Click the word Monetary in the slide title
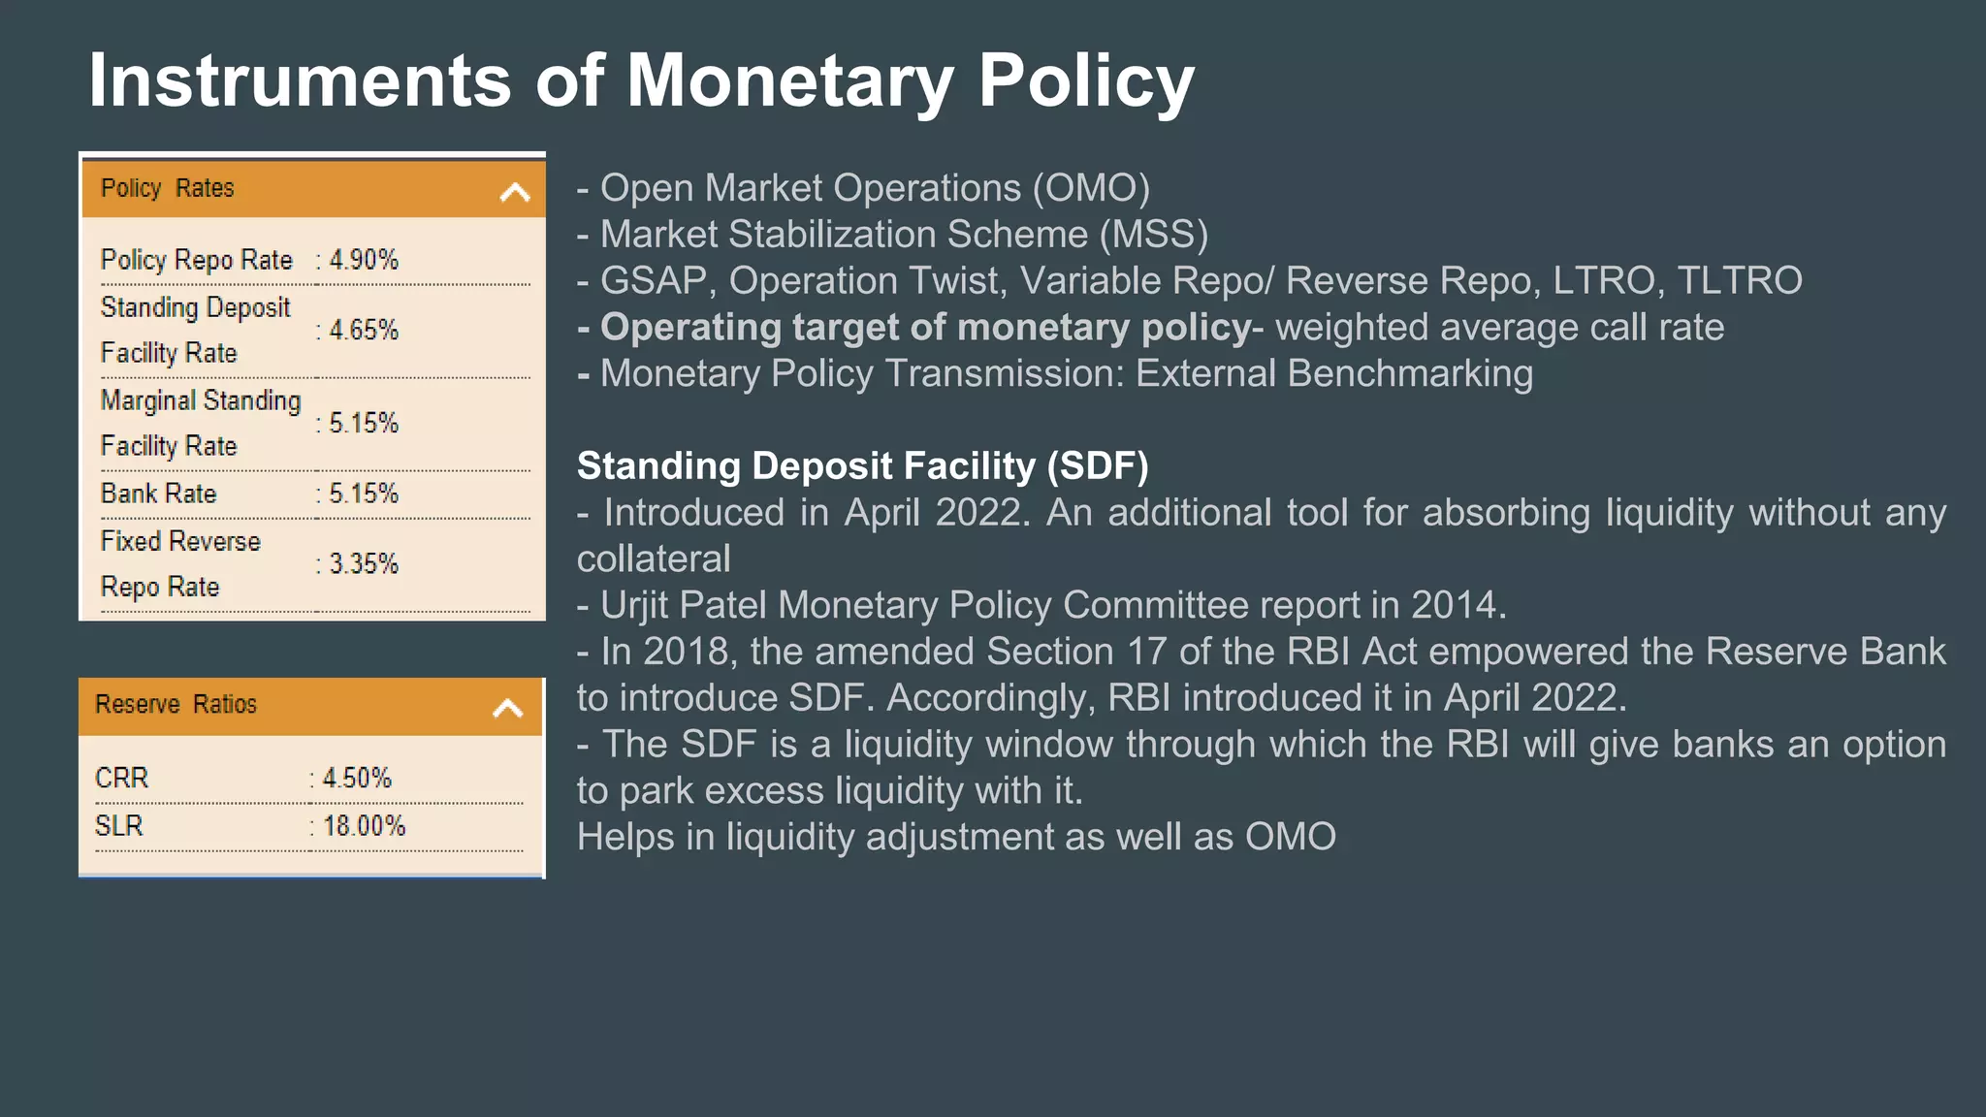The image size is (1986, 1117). (x=790, y=80)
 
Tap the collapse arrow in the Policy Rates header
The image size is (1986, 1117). (x=515, y=193)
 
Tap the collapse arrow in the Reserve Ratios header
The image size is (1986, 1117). (x=508, y=708)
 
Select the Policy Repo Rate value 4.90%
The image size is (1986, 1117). (x=364, y=260)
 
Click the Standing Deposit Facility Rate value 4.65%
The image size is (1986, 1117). (x=364, y=331)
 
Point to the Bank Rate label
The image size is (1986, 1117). (x=159, y=494)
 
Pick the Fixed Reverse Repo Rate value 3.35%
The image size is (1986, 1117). (x=364, y=564)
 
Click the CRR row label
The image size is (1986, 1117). (x=122, y=779)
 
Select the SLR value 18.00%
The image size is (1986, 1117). (x=364, y=826)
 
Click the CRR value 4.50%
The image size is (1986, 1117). (x=357, y=779)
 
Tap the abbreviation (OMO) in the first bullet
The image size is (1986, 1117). (x=1091, y=188)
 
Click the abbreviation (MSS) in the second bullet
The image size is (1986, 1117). (x=1154, y=235)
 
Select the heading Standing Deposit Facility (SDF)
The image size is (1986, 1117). (x=862, y=466)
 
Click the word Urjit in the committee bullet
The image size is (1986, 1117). (x=634, y=606)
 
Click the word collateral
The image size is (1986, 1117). (x=654, y=559)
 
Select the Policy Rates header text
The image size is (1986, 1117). (x=168, y=188)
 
